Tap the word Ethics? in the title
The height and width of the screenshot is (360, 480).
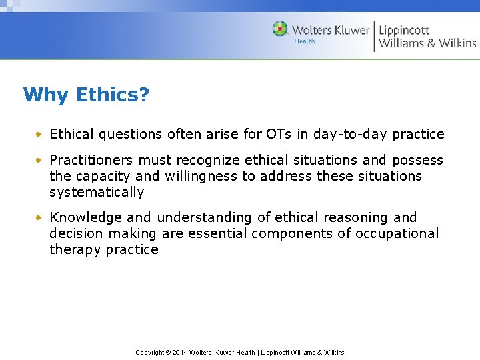coord(113,95)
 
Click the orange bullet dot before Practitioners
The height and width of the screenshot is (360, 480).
coord(41,161)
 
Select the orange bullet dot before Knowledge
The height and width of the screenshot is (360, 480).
coord(41,218)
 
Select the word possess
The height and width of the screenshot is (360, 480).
coord(417,160)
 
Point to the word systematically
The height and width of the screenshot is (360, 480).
coord(97,193)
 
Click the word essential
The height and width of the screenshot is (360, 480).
coord(217,233)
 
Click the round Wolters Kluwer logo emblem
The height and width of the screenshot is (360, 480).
coord(280,29)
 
